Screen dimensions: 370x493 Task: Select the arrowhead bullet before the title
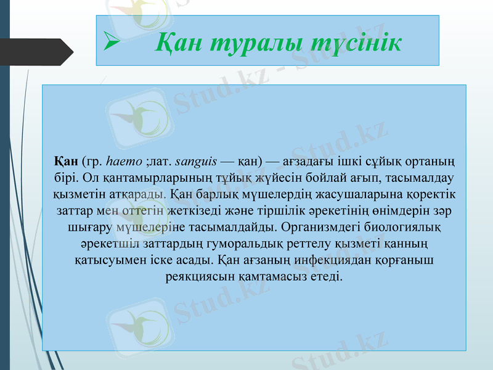[112, 43]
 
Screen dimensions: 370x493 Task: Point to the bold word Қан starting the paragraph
[66, 162]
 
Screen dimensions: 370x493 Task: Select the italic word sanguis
[196, 162]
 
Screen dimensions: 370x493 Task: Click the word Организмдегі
[319, 227]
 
